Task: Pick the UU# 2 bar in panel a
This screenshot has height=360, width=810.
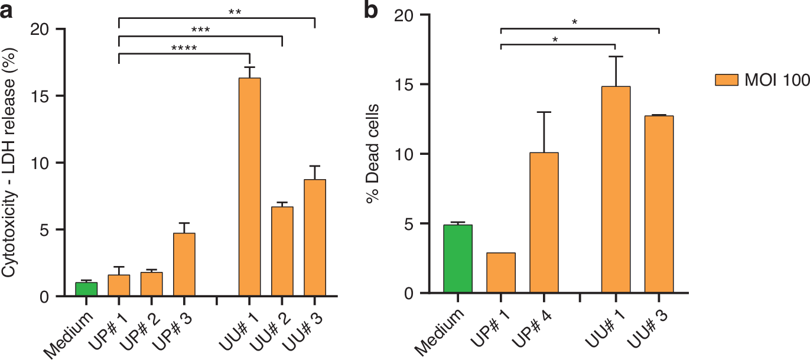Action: pyautogui.click(x=282, y=251)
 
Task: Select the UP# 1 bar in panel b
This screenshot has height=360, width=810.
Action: pyautogui.click(x=501, y=273)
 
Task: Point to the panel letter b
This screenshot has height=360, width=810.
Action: pyautogui.click(x=371, y=12)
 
